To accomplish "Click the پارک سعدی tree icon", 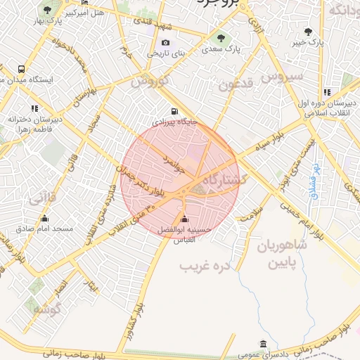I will click(x=221, y=38).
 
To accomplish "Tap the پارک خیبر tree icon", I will click(x=308, y=32).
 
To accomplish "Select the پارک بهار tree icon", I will click(x=47, y=11).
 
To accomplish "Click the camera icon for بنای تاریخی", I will click(x=166, y=42).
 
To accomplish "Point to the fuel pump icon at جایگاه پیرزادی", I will click(x=174, y=110).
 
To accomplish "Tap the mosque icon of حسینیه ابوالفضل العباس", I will click(x=184, y=219).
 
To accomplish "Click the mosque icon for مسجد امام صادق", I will click(x=45, y=218).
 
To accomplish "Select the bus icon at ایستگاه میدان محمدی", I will click(x=22, y=69).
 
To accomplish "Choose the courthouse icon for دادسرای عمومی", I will click(x=263, y=344).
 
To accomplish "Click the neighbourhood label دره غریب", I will click(x=205, y=266).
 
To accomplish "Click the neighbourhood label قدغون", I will click(x=234, y=86).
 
